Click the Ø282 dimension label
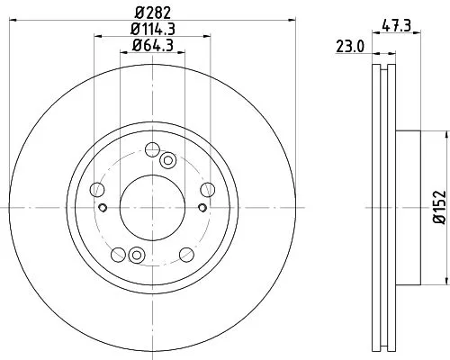pyautogui.click(x=151, y=13)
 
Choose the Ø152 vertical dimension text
pyautogui.click(x=440, y=206)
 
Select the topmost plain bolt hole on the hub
pyautogui.click(x=151, y=148)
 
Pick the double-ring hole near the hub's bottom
pyautogui.click(x=136, y=254)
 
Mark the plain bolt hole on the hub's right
pyautogui.click(x=207, y=189)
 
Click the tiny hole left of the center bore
pyautogui.click(x=104, y=209)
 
